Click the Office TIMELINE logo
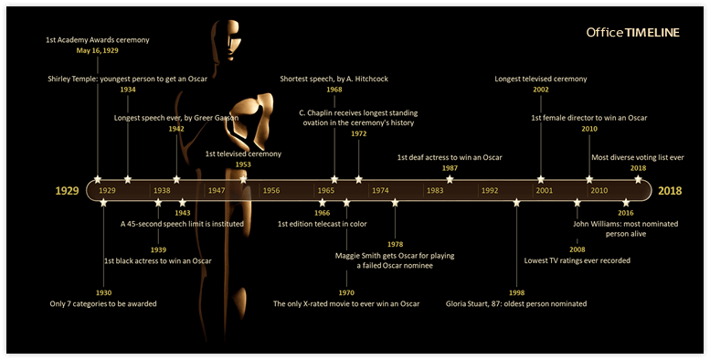tap(632, 33)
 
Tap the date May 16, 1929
tap(97, 51)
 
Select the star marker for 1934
tap(127, 179)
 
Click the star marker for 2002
tap(541, 179)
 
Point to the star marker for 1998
tap(516, 203)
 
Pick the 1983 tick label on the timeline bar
tap(435, 191)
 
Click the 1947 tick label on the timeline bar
tap(217, 191)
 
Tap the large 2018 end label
tap(672, 191)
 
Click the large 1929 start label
tap(66, 191)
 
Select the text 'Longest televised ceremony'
tap(541, 79)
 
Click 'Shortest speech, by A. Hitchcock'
tap(334, 79)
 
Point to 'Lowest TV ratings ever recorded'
tap(577, 260)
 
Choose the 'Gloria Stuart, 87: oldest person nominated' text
tap(516, 303)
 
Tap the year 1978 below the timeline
tap(395, 244)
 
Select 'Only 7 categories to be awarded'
tap(103, 303)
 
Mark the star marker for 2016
tap(626, 203)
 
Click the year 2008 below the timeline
tap(577, 249)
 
